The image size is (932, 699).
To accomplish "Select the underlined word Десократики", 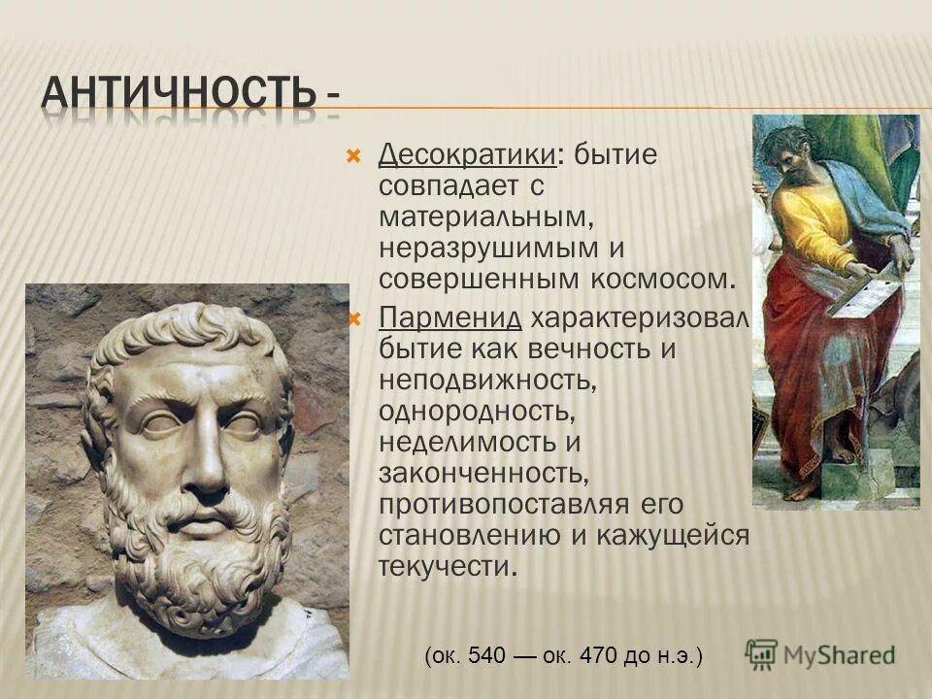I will (466, 154).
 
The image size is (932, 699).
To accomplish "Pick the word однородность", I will (477, 412).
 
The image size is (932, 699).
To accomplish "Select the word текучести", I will (444, 567).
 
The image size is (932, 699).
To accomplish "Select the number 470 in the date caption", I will (598, 656).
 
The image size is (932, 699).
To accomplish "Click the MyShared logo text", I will (839, 655).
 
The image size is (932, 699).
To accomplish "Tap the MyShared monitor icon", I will (762, 654).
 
